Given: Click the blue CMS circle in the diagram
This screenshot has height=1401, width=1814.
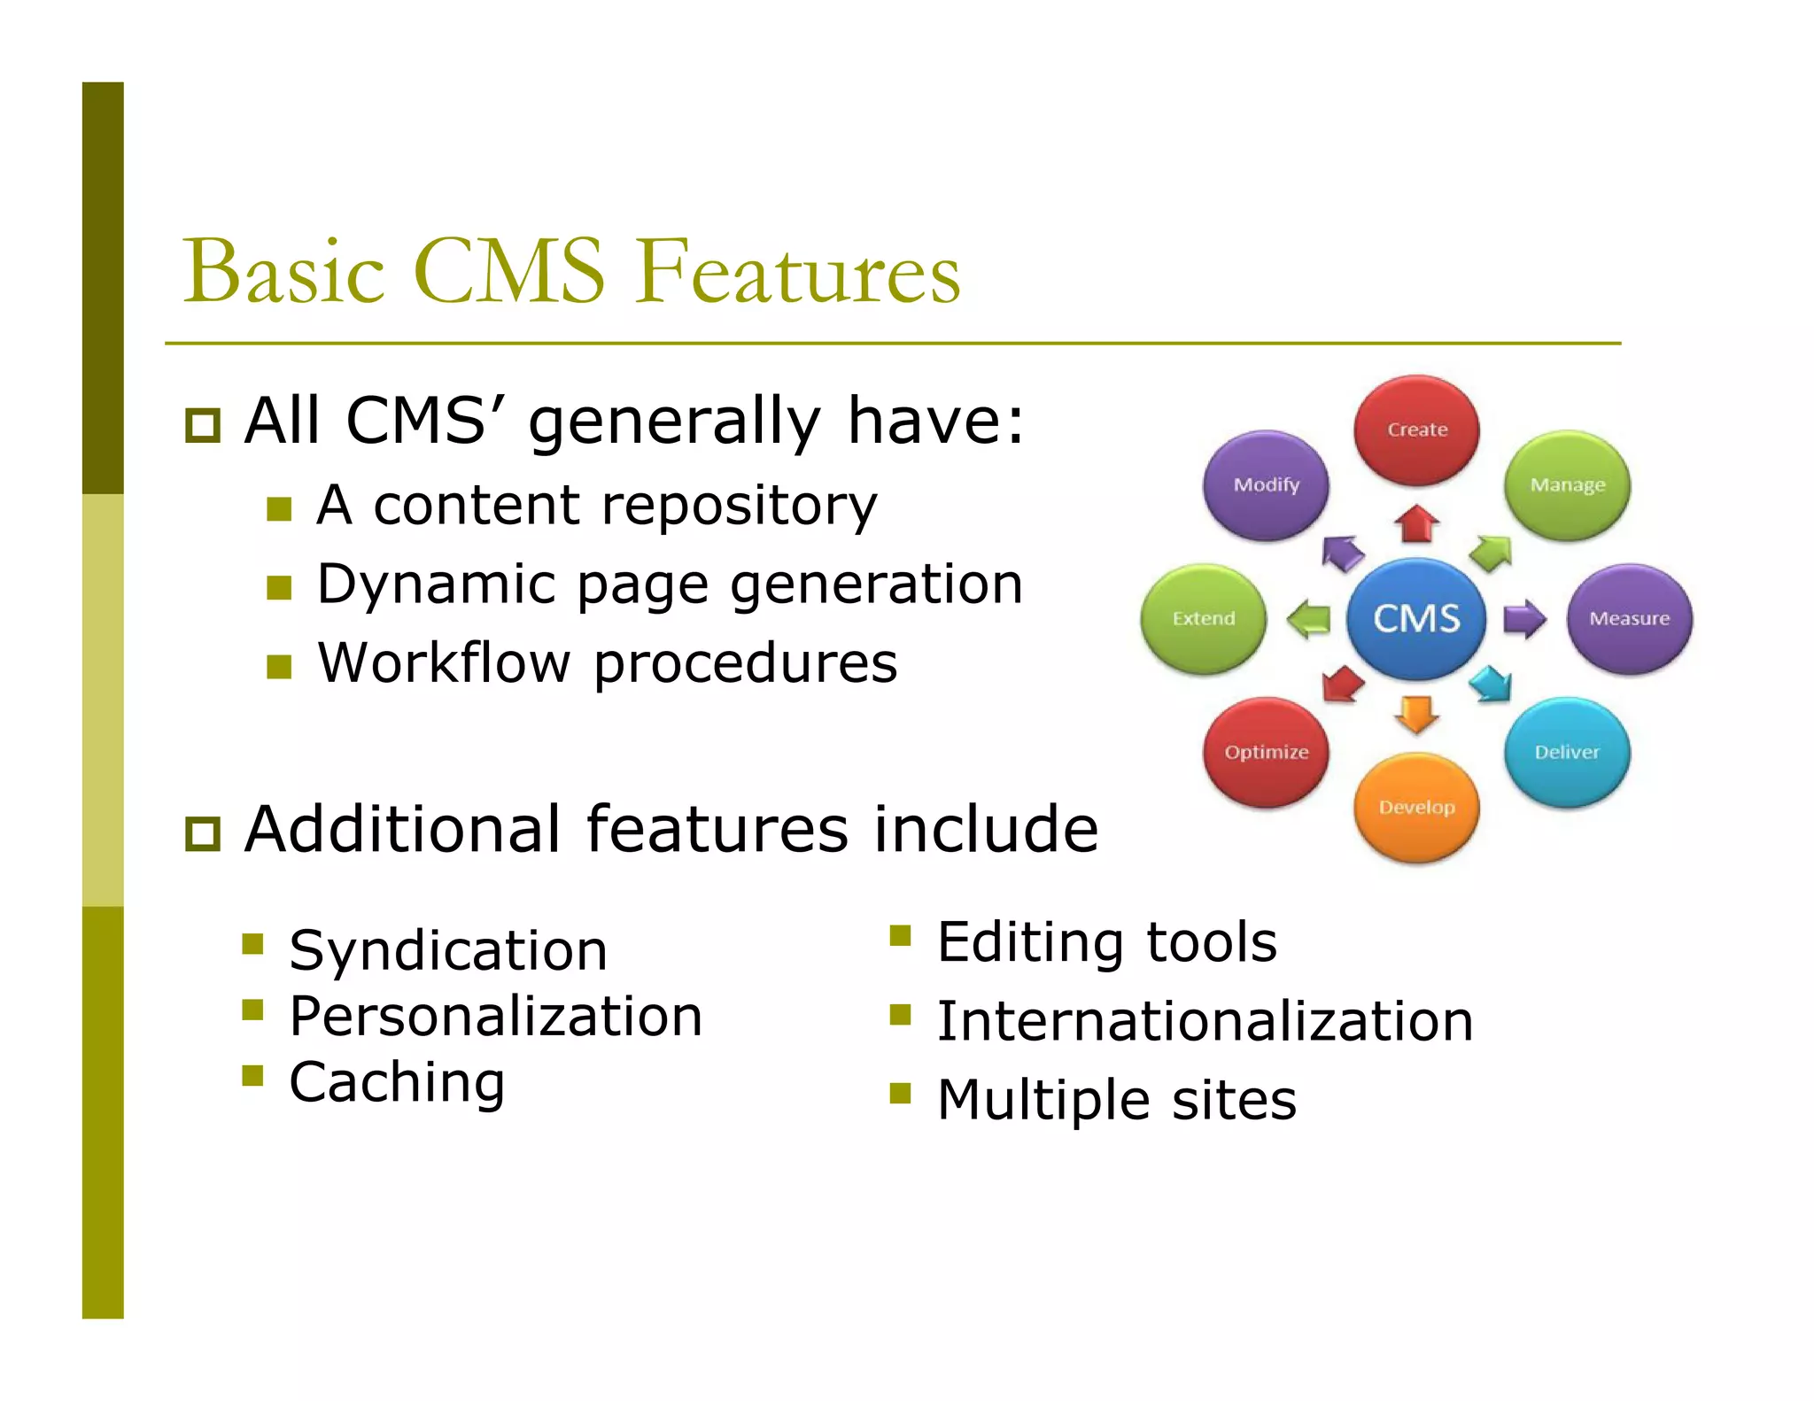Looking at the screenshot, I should click(1415, 618).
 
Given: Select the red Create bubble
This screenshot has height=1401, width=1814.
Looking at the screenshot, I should click(1416, 430).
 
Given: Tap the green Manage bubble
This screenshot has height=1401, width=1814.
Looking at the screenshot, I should click(1567, 485).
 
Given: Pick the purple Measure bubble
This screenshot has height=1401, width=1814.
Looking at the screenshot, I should click(1629, 618).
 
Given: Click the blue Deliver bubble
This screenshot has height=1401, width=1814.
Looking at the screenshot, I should click(1566, 752).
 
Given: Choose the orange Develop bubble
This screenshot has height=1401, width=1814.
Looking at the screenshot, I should click(1416, 807).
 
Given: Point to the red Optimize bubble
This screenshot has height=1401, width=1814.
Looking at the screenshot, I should click(1266, 752).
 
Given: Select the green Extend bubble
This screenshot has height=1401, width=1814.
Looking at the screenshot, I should click(1203, 618).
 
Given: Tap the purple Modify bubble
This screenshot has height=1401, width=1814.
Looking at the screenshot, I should click(1266, 485).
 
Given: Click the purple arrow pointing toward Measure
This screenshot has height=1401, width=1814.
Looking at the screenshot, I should click(1523, 618).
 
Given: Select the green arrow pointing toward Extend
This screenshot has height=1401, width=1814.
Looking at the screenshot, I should click(1309, 618).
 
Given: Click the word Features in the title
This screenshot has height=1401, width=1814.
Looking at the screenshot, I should click(797, 271).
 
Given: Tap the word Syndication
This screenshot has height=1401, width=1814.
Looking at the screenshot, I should click(448, 950).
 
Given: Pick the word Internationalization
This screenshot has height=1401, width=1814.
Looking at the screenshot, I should click(1205, 1020).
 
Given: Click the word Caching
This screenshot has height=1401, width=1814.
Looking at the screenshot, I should click(397, 1082).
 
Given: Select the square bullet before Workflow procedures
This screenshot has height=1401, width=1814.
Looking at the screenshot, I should click(279, 666).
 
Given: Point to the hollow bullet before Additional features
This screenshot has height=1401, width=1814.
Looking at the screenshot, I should click(203, 833).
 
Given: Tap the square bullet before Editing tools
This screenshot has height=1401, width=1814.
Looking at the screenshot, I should click(900, 936).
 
